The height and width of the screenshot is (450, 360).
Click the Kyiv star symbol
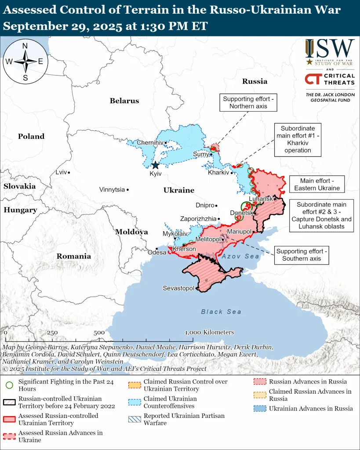155,165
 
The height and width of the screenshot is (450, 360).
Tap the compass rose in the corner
25,61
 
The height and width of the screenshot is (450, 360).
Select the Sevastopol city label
178,288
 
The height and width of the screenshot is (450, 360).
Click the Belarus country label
124,101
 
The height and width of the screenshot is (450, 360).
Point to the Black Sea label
221,312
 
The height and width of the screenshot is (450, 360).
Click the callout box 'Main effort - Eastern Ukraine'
317,185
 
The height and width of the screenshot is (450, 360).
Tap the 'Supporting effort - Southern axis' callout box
301,255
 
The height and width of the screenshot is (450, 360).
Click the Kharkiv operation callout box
298,139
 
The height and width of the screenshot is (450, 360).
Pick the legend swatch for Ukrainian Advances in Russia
260,409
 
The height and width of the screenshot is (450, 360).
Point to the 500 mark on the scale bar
99,333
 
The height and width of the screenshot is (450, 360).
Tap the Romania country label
73,256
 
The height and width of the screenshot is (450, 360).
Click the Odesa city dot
157,249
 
